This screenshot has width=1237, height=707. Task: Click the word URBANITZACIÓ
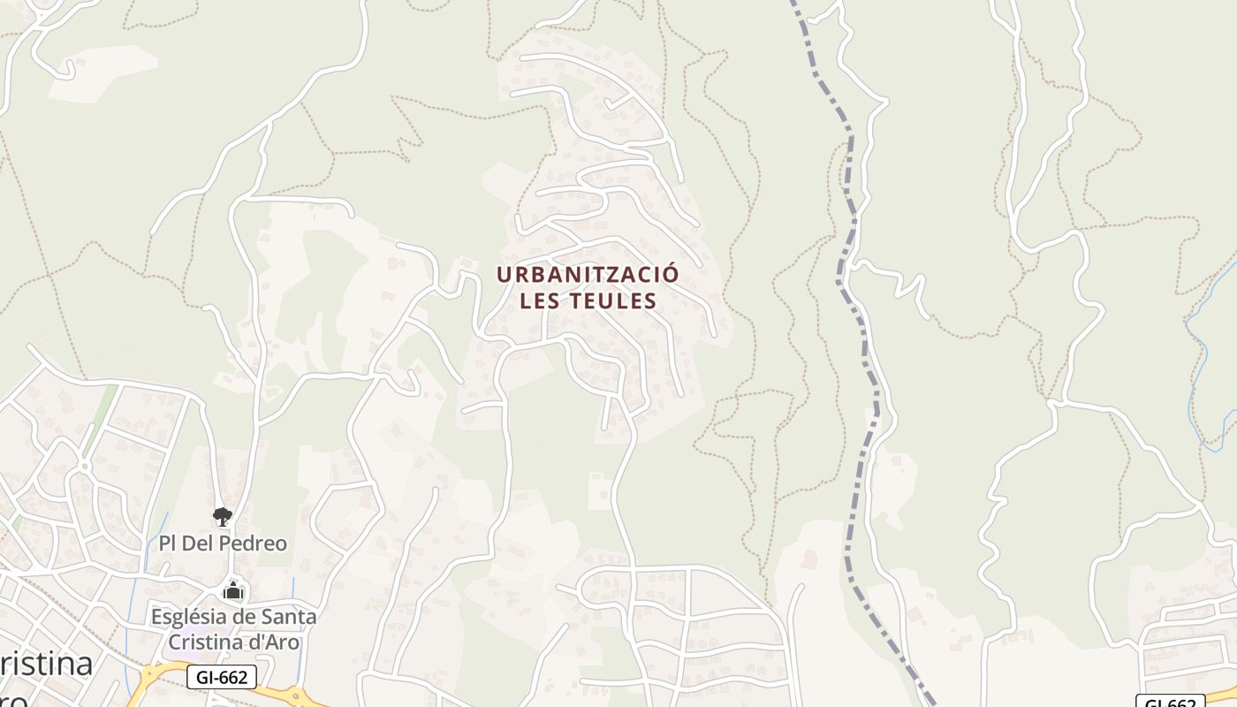[588, 274]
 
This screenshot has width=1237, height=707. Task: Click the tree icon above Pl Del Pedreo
[223, 517]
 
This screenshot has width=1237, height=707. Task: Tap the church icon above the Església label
[233, 591]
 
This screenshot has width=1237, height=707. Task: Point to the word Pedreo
[255, 543]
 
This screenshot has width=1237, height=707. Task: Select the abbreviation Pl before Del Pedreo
[168, 543]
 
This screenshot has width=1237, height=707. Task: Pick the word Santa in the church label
[287, 617]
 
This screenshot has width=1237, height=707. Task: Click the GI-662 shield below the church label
[222, 678]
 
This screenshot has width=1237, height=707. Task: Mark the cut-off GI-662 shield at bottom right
[1170, 702]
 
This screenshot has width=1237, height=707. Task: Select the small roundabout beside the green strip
[85, 465]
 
